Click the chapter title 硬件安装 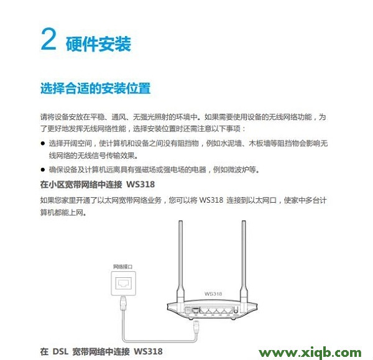[x=98, y=44]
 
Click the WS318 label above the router [x=213, y=292]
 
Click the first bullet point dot [x=43, y=143]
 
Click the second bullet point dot [x=43, y=170]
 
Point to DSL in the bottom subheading [x=59, y=351]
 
